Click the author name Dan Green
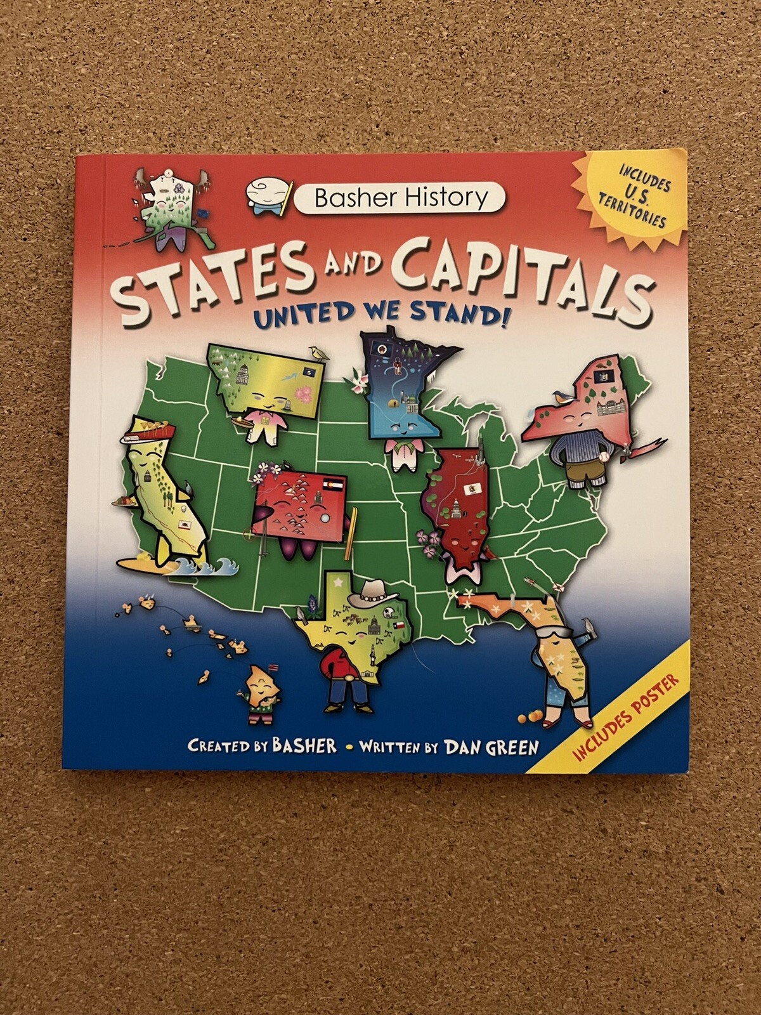tap(491, 747)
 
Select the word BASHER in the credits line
tap(304, 745)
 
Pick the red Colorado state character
tap(298, 501)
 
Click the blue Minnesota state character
tap(403, 393)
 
